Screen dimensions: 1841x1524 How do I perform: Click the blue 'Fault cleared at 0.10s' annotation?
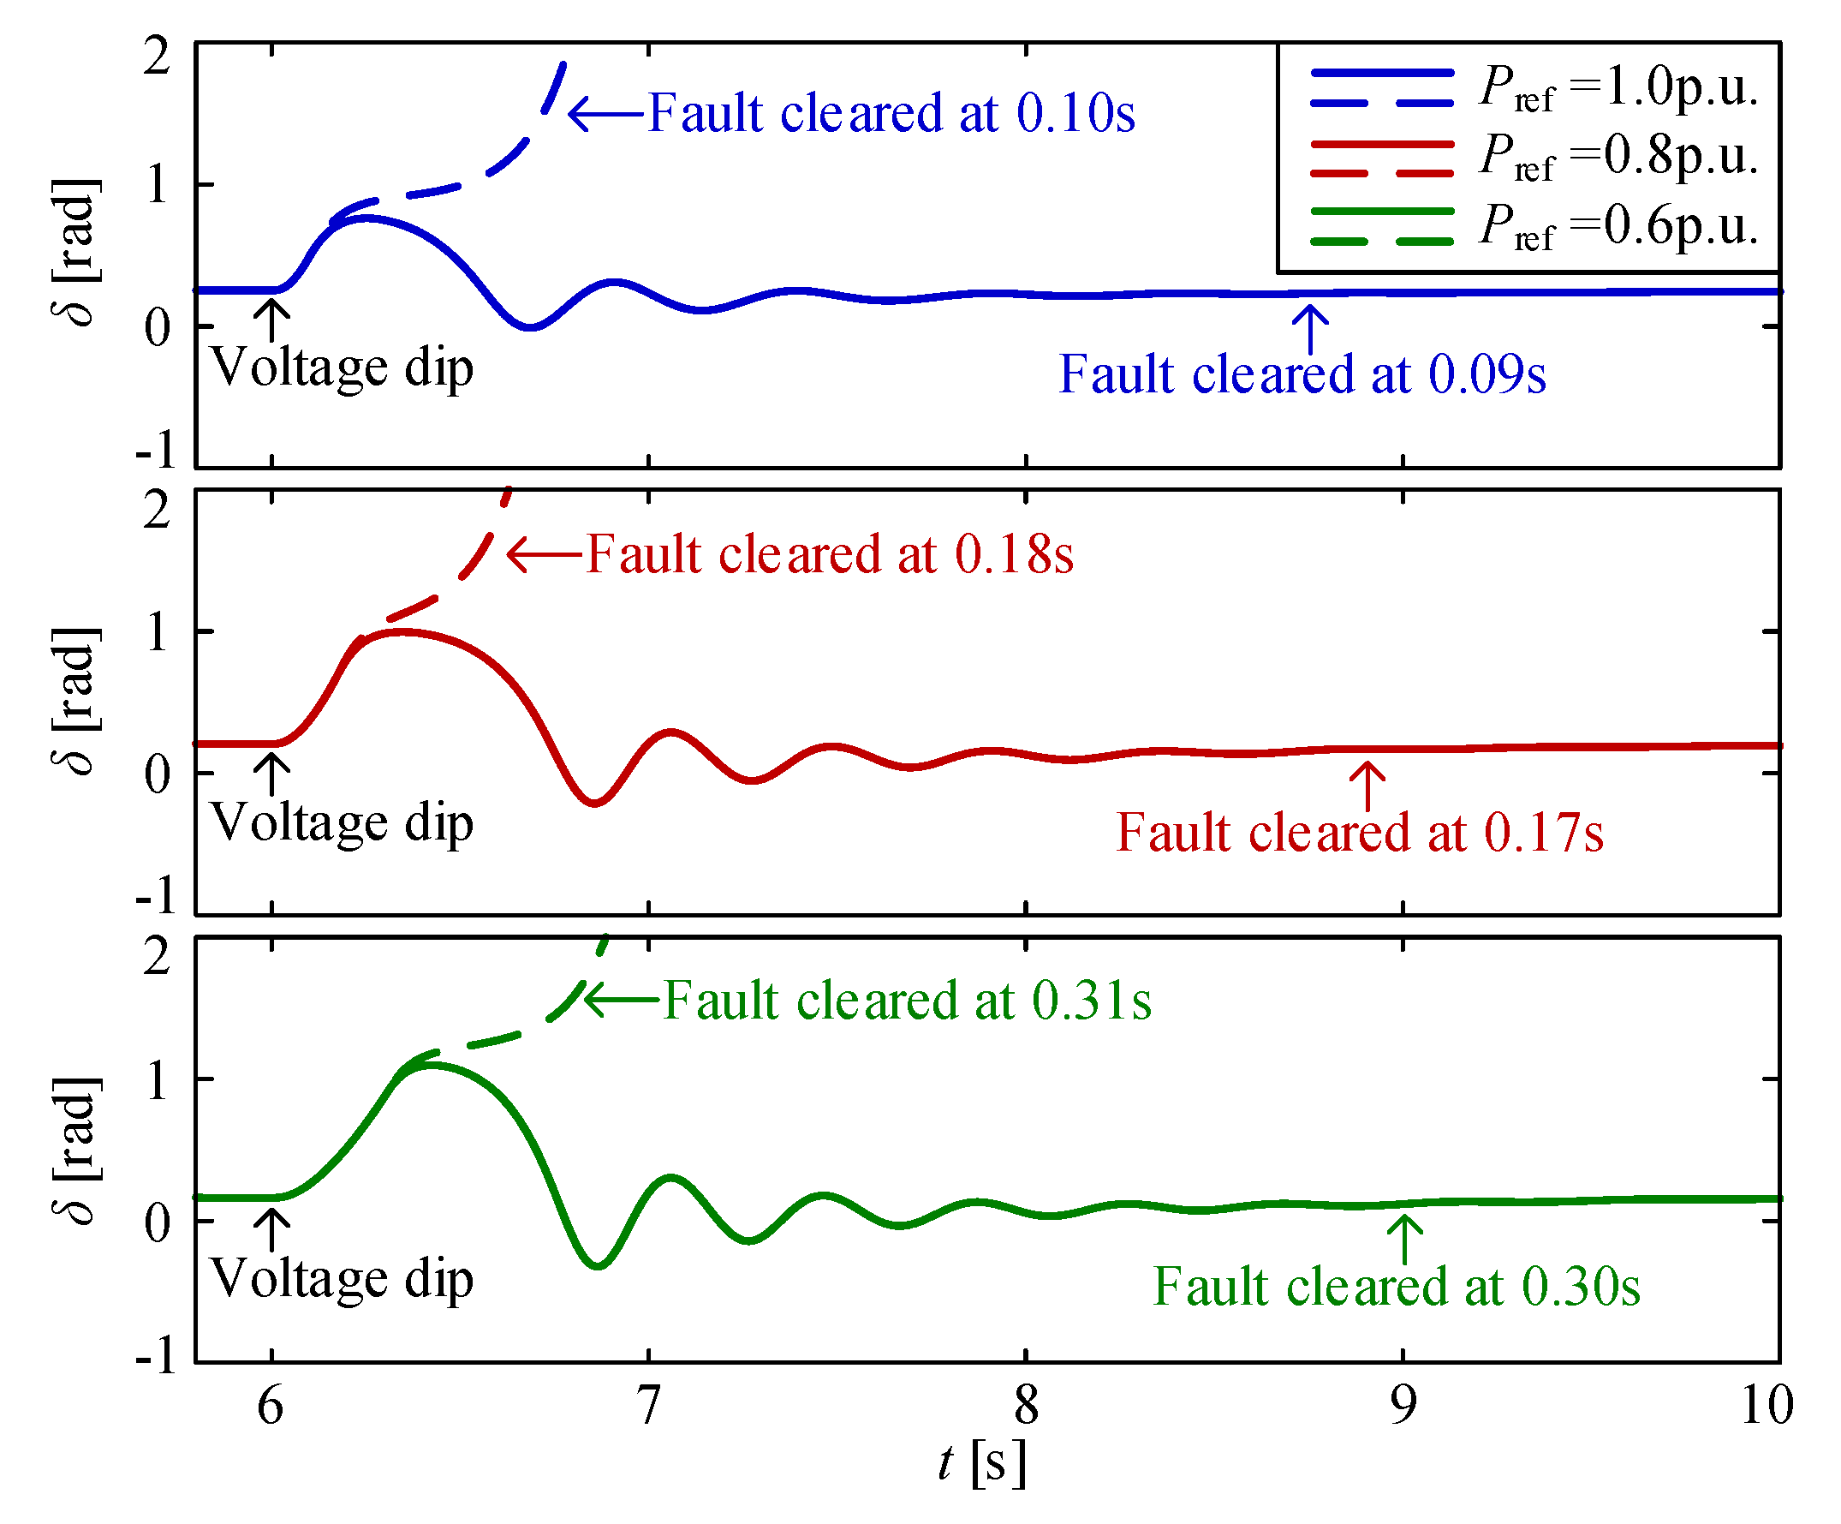pos(891,113)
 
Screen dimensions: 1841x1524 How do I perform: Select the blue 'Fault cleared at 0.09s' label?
pos(1302,374)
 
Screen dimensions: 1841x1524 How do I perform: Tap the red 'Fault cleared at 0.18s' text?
pos(831,554)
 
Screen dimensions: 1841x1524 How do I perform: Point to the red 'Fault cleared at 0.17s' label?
pos(1360,832)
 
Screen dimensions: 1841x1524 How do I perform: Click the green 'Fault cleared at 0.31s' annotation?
pos(908,1001)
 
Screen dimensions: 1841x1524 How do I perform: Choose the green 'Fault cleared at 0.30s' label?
pos(1397,1287)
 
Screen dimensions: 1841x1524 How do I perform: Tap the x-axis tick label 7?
pos(648,1405)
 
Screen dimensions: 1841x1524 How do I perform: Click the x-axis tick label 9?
pos(1403,1405)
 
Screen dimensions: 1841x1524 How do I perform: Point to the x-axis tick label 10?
pos(1767,1405)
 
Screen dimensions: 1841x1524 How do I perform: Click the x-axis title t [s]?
pos(981,1463)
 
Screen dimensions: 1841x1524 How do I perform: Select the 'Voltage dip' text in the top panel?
pos(342,368)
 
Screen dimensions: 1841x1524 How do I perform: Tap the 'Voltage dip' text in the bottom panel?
pos(342,1279)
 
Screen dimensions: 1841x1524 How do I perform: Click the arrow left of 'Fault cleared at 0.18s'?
pos(545,554)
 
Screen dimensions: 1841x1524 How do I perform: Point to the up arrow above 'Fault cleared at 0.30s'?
pos(1405,1239)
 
